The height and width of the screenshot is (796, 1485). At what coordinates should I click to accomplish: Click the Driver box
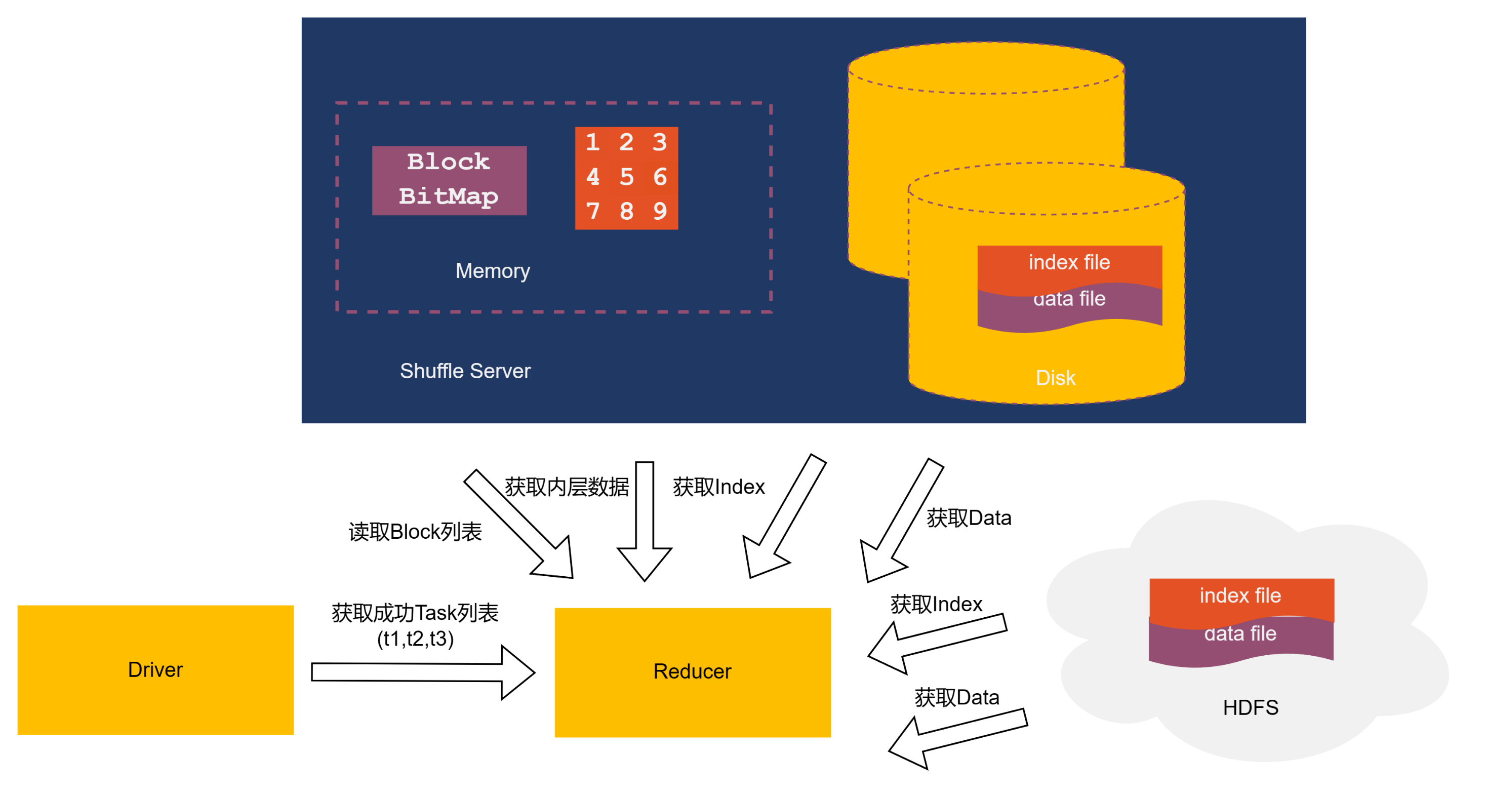155,670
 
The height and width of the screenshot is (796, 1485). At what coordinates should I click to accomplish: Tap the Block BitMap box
449,180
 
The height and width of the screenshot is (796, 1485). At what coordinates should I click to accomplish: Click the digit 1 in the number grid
592,142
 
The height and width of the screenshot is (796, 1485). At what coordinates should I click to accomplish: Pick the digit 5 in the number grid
627,177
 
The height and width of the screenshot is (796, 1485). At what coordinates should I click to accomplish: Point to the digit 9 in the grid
660,212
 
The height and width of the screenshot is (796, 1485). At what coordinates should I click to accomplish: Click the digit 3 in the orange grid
660,142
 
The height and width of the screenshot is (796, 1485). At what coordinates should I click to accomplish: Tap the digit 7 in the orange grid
592,212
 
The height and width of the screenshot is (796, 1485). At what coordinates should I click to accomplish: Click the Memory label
492,271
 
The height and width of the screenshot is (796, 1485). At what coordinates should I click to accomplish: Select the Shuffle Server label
465,371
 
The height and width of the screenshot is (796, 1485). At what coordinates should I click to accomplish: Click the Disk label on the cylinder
1056,378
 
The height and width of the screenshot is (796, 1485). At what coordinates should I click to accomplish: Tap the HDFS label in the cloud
1251,708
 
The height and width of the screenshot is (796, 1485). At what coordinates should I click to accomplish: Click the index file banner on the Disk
1069,263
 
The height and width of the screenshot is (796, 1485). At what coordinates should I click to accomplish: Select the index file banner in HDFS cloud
1240,596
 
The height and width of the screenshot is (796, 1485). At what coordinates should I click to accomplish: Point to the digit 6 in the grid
660,177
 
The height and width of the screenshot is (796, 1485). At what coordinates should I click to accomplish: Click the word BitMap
449,196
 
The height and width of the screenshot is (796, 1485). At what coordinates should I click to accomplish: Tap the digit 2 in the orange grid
627,142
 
